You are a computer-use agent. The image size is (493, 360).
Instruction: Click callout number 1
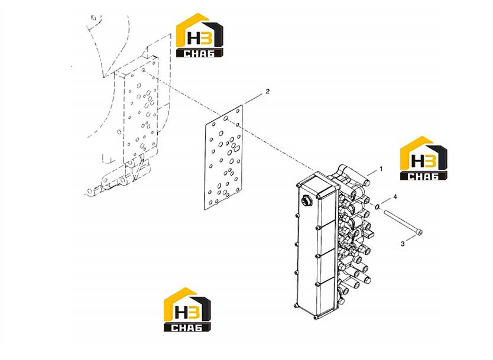[x=381, y=169]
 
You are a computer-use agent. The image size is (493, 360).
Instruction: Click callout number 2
[x=268, y=92]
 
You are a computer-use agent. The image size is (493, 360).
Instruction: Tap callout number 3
[x=403, y=244]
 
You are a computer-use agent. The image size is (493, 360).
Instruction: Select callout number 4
[x=395, y=197]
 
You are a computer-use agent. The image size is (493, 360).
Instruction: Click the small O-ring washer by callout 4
[x=378, y=206]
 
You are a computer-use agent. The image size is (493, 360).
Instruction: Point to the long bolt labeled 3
[x=403, y=222]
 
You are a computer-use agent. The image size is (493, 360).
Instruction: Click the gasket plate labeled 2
[x=223, y=157]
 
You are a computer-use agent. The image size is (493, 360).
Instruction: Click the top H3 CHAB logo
[x=200, y=35]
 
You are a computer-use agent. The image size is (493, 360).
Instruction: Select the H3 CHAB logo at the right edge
[x=423, y=158]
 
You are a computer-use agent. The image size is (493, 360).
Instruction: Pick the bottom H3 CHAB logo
[x=187, y=309]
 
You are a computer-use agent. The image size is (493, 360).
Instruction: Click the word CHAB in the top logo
[x=199, y=53]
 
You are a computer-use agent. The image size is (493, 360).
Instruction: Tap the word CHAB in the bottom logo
[x=187, y=327]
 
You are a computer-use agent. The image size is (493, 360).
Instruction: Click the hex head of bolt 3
[x=419, y=232]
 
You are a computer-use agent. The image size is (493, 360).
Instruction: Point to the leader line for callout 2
[x=254, y=99]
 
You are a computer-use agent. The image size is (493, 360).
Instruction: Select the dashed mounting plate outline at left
[x=141, y=110]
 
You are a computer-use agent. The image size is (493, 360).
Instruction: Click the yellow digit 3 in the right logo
[x=430, y=161]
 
